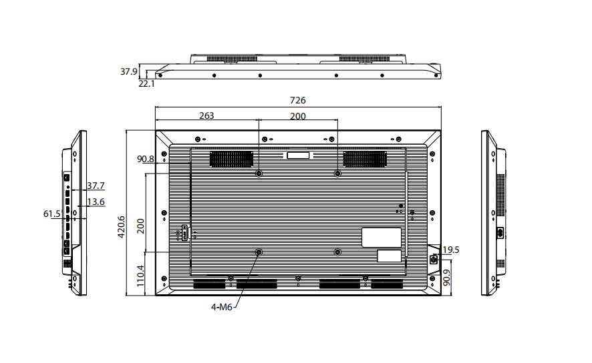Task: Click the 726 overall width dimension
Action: (x=297, y=100)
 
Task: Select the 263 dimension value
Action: (x=206, y=115)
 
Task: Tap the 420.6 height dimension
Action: (x=121, y=227)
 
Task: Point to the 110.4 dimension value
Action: (x=140, y=276)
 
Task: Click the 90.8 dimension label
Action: (x=146, y=159)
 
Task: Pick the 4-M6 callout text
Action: (x=222, y=307)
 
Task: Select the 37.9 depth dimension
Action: (x=129, y=71)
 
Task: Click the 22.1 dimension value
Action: (x=146, y=83)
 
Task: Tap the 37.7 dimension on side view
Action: (x=96, y=186)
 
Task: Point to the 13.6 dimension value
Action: (x=96, y=202)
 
